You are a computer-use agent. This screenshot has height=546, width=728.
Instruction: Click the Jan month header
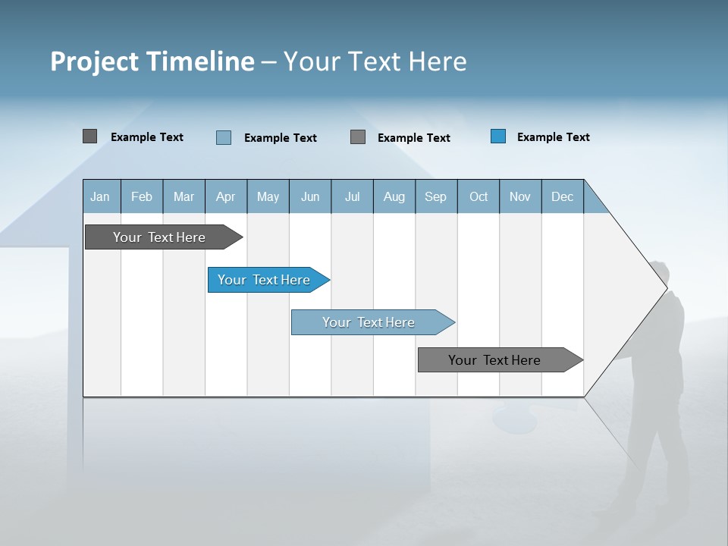(x=101, y=196)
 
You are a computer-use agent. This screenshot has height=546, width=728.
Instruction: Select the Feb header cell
(x=142, y=196)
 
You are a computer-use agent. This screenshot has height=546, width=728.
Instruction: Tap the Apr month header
(x=225, y=196)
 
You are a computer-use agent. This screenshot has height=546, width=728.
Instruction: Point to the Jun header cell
(x=310, y=196)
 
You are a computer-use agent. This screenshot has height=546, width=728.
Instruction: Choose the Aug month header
(x=394, y=196)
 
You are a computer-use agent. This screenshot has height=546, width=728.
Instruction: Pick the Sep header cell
(x=435, y=196)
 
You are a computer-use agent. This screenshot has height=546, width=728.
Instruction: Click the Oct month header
(x=479, y=196)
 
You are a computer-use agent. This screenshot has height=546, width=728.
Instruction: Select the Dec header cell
(x=562, y=196)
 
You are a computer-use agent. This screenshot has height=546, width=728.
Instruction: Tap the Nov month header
(x=520, y=196)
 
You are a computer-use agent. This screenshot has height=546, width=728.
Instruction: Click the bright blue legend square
(x=498, y=136)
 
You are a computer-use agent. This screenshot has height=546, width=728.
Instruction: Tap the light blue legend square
(x=224, y=137)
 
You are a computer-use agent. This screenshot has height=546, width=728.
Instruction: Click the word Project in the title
(x=93, y=61)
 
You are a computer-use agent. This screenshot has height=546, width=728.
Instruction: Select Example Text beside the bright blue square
(x=553, y=137)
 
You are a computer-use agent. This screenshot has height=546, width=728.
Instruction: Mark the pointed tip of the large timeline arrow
(x=666, y=288)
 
